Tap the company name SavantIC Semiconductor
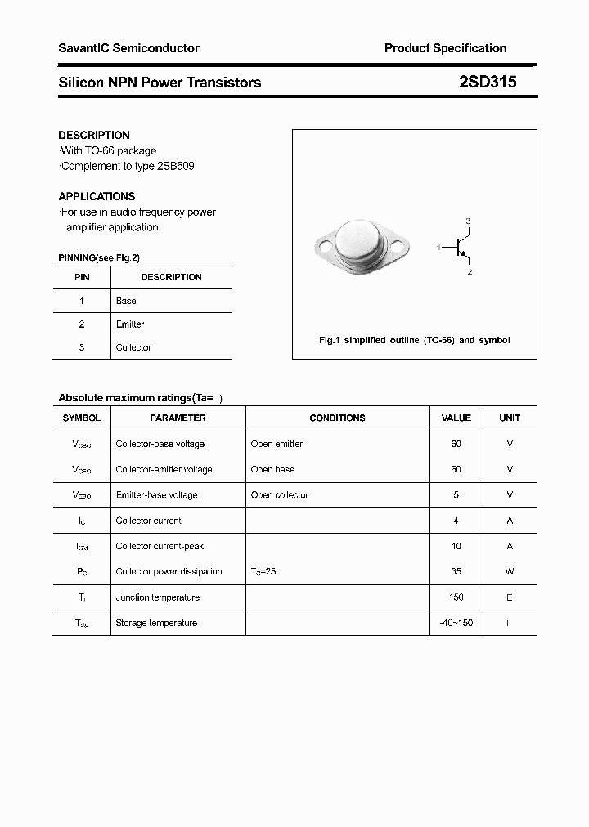(x=128, y=48)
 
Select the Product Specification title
(x=445, y=48)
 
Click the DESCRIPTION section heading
(x=94, y=135)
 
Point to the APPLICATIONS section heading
(x=97, y=196)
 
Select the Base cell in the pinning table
(x=126, y=301)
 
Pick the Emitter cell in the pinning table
(x=130, y=324)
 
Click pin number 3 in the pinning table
(x=82, y=347)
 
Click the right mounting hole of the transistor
(x=402, y=244)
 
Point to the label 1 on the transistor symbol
(x=438, y=246)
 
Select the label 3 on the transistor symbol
(x=468, y=221)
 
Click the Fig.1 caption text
(x=414, y=340)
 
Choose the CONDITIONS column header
(x=337, y=418)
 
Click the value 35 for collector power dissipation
(x=456, y=571)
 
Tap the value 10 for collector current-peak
(x=456, y=546)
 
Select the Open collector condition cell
(x=280, y=495)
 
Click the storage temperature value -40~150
(x=456, y=623)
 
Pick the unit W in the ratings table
(x=510, y=571)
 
